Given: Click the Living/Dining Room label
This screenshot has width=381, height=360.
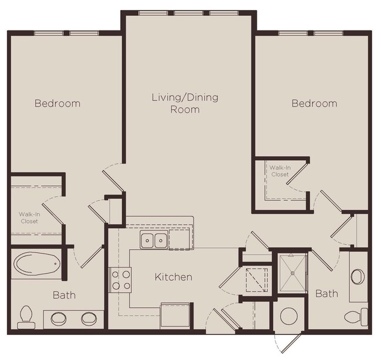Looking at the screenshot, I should click(185, 103).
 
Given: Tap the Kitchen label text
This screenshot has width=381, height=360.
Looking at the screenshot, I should click(174, 277).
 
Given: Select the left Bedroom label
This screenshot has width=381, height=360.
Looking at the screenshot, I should click(57, 103).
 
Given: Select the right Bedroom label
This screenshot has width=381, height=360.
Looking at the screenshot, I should click(315, 103).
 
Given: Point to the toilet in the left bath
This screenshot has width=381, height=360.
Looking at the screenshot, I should click(25, 317).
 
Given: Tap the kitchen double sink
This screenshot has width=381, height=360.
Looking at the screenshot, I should click(154, 239).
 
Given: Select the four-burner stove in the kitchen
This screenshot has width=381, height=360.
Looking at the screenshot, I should click(121, 279).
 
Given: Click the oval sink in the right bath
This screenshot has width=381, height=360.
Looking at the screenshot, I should click(358, 276).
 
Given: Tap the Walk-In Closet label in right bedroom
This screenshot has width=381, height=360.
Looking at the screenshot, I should click(279, 171).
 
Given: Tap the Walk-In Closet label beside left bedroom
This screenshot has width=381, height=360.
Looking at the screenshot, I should click(29, 218).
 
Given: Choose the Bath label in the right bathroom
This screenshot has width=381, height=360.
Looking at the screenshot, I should click(326, 293).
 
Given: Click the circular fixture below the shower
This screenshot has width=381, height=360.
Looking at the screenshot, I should click(290, 315).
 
